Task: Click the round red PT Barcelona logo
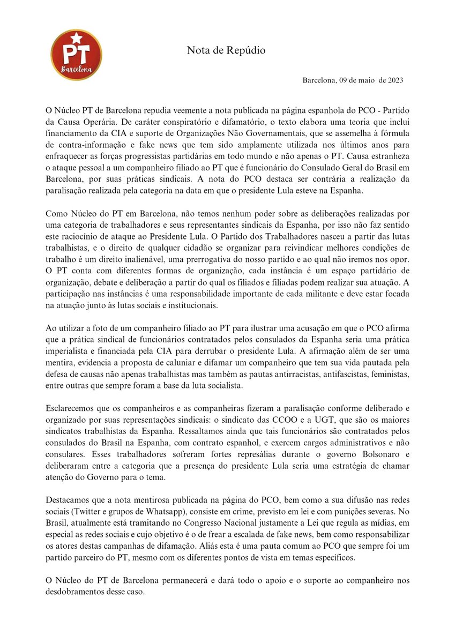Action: [76, 55]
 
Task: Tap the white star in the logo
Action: [76, 38]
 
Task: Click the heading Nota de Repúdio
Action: [226, 51]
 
